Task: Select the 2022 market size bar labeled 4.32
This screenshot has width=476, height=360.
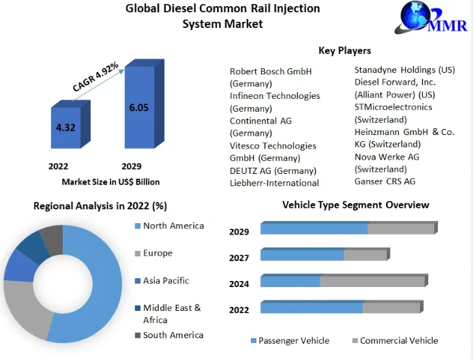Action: [65, 127]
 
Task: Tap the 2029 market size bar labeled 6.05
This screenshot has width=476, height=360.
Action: [139, 107]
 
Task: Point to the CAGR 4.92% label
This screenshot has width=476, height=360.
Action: [95, 77]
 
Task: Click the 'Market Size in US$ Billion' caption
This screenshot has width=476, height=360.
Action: [110, 182]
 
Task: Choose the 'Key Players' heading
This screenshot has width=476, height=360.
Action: [344, 50]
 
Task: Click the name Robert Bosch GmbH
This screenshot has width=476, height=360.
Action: [270, 71]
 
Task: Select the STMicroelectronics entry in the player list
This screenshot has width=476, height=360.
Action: [393, 107]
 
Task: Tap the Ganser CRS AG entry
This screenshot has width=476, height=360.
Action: [385, 181]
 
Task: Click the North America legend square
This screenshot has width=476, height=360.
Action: [137, 226]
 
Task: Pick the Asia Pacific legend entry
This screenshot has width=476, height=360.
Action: [166, 280]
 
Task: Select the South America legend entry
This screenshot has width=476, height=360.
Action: [173, 335]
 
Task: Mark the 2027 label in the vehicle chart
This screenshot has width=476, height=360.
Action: [239, 258]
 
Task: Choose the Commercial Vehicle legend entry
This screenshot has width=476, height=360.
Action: [398, 340]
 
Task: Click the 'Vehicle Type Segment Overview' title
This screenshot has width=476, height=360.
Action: [355, 205]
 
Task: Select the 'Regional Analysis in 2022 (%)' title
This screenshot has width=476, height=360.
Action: [100, 205]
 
